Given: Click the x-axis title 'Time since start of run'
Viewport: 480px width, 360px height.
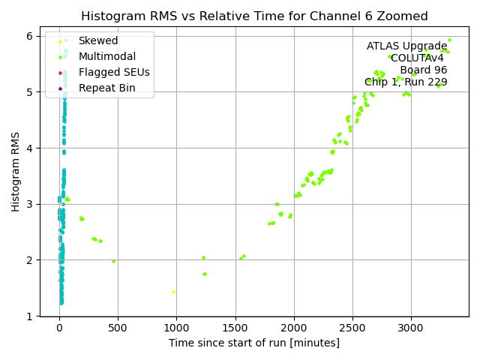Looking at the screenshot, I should (253, 343).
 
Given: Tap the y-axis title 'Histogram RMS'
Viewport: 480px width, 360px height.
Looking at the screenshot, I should (16, 172).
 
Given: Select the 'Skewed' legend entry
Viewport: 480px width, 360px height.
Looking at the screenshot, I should (97, 41).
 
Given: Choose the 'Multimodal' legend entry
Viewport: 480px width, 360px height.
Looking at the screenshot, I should (106, 57).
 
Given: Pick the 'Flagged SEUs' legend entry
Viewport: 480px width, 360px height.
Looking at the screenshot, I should (113, 73).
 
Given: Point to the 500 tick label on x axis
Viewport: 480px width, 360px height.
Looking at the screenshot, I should (118, 328).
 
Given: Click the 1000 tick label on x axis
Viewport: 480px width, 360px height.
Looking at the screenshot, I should (176, 328).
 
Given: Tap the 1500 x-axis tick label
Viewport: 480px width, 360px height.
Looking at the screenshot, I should (235, 328).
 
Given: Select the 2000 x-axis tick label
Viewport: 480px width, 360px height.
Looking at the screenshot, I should (293, 328).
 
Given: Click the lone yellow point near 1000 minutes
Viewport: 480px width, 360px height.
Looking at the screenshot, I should (173, 292).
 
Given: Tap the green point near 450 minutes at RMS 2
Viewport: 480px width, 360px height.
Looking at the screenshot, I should (113, 261).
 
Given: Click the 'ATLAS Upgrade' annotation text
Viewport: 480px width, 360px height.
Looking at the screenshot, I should (406, 46).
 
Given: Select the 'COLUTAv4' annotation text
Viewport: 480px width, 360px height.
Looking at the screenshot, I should (417, 58).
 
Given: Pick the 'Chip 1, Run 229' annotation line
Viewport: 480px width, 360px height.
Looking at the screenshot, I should (406, 82).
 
